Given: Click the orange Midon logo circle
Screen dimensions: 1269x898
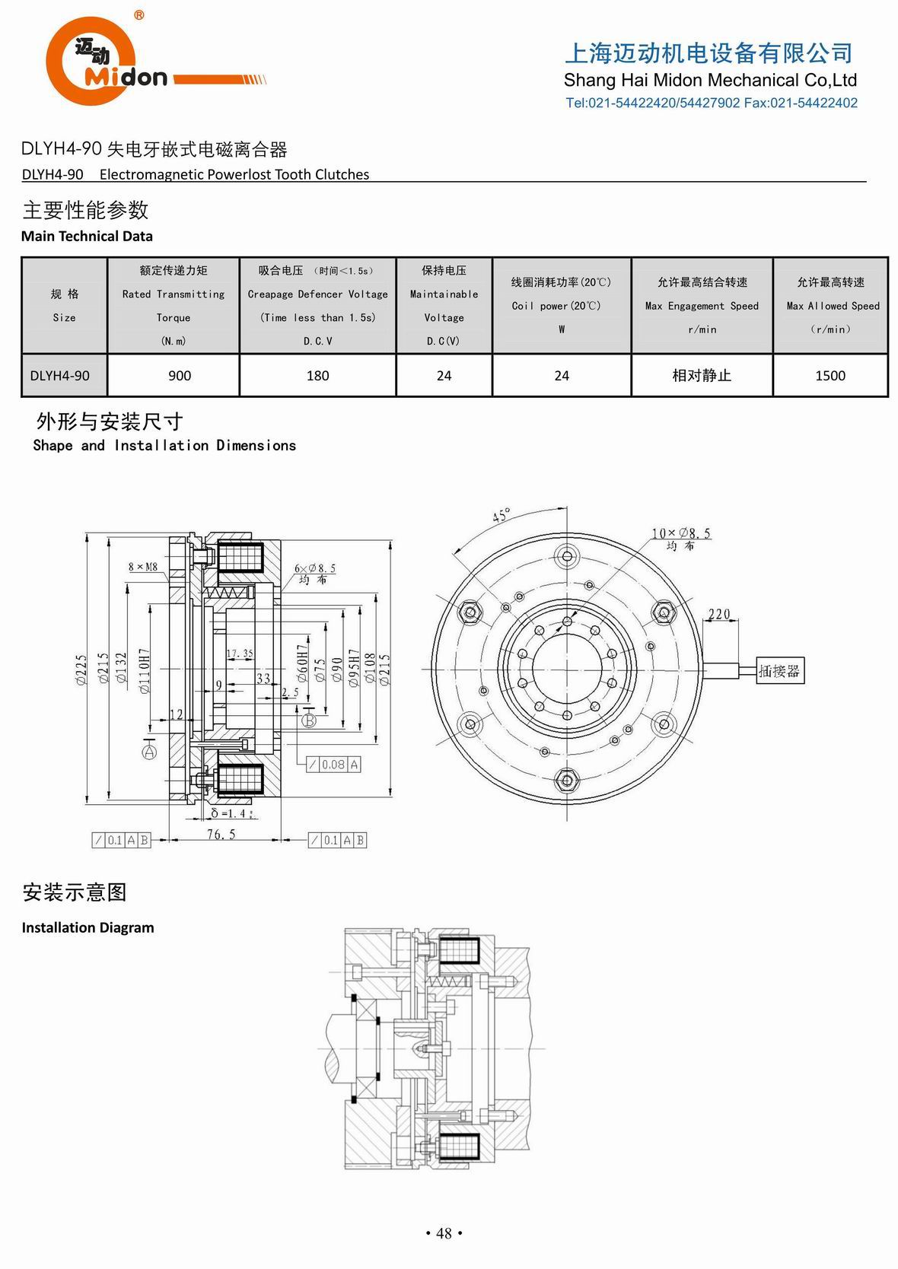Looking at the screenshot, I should tap(91, 61).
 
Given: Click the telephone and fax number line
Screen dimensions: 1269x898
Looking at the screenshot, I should tap(711, 103).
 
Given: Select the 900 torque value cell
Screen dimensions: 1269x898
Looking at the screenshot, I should tap(180, 375).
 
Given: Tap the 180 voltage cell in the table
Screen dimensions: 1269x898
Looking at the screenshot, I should tap(317, 375).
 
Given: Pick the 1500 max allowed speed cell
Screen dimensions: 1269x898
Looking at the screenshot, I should tap(830, 375).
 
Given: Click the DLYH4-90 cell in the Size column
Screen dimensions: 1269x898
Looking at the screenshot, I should tap(60, 375).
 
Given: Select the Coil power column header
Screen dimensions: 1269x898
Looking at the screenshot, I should tap(561, 305).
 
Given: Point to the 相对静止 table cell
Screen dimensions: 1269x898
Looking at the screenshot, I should tap(701, 375).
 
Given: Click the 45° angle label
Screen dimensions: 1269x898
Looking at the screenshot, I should tap(501, 515).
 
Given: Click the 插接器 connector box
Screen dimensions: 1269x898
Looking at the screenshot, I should tap(779, 671).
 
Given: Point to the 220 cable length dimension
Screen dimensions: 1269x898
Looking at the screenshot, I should tap(718, 613).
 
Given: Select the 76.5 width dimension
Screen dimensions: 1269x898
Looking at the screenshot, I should tap(221, 835).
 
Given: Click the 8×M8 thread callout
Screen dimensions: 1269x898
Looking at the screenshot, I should tap(143, 567).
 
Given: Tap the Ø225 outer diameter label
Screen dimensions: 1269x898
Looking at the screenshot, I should tap(81, 671).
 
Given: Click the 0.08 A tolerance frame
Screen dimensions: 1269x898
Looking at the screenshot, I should tap(333, 765).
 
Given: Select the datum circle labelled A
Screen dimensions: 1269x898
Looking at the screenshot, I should tap(149, 752).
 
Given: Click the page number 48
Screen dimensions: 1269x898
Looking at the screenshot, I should tap(444, 1233).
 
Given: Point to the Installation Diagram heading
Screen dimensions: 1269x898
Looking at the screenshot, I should tap(88, 927).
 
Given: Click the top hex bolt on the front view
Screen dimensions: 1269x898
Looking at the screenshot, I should tap(566, 556).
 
